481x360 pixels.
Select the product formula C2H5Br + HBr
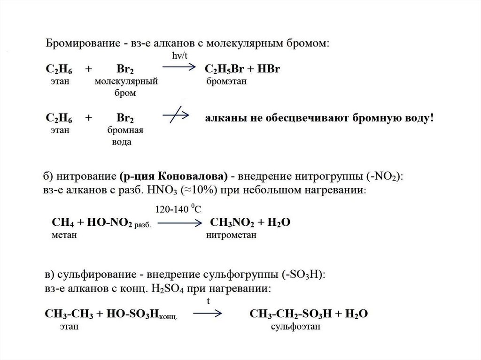(x=243, y=69)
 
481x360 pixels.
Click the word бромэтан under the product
(x=226, y=82)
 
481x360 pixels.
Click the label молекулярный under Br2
(x=125, y=82)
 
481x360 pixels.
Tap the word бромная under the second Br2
(x=125, y=130)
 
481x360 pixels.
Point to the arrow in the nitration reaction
(x=176, y=223)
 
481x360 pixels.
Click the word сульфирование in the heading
(x=86, y=274)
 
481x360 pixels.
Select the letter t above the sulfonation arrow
(x=208, y=301)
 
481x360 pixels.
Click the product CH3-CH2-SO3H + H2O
(x=308, y=314)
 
